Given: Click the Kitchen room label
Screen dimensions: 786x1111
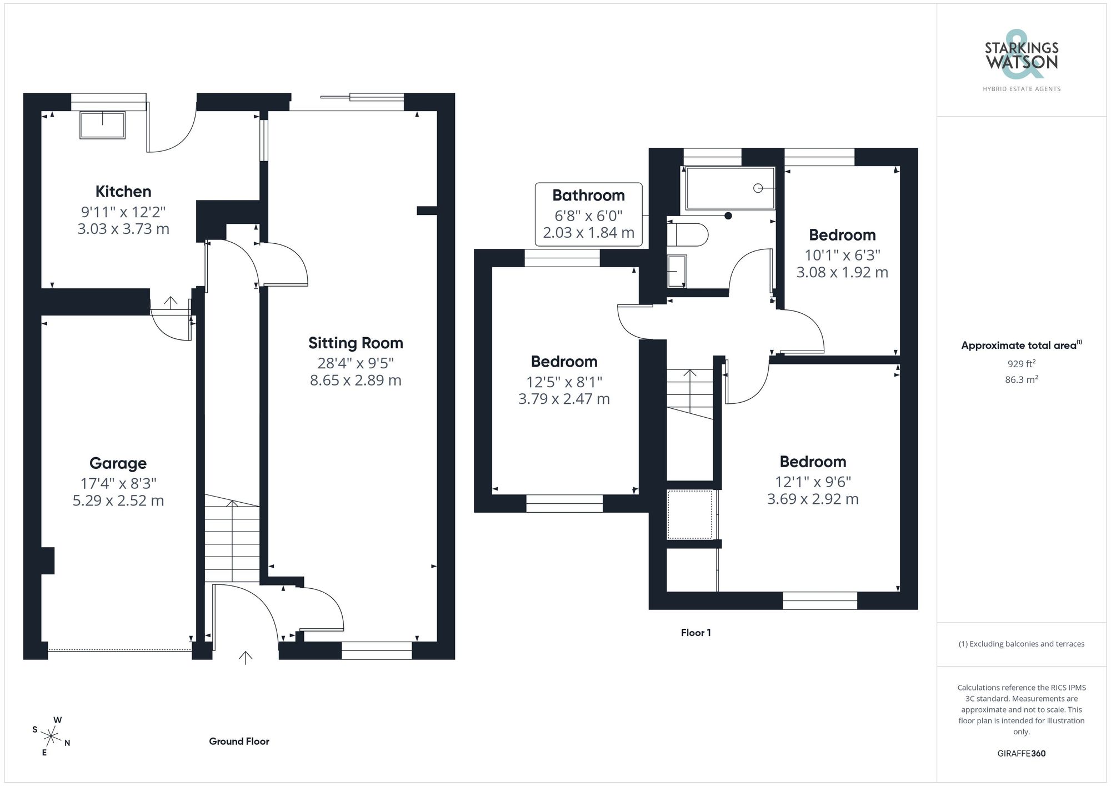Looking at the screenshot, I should [123, 192].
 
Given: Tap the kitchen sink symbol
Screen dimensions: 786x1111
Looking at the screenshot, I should [103, 125].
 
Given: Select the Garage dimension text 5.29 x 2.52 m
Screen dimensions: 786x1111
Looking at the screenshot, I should [118, 500].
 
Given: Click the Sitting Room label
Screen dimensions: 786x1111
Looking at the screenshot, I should [356, 343].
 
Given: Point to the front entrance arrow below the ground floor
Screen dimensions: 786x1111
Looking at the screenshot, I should [246, 658].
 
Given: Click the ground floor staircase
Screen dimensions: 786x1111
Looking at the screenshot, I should [232, 539].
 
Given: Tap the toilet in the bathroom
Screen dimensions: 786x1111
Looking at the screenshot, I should [688, 234].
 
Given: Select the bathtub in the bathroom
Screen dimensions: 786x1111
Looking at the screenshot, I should [730, 188].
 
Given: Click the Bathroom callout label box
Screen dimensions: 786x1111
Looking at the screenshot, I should [588, 214].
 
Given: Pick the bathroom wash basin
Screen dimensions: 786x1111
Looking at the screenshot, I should [677, 271].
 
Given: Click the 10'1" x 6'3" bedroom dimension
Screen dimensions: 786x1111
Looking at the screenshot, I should [842, 255].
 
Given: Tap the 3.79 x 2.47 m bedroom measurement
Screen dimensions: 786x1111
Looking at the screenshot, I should [564, 399].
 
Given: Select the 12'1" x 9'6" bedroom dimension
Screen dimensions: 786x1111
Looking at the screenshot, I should [813, 482].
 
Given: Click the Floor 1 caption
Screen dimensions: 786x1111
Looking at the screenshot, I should [695, 633].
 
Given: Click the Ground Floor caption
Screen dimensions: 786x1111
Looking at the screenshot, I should [239, 741].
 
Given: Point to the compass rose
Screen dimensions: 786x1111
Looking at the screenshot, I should [51, 737].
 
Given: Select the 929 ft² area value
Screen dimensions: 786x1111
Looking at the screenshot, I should [1021, 364].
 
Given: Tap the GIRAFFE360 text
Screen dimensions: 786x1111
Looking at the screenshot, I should [1021, 753].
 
